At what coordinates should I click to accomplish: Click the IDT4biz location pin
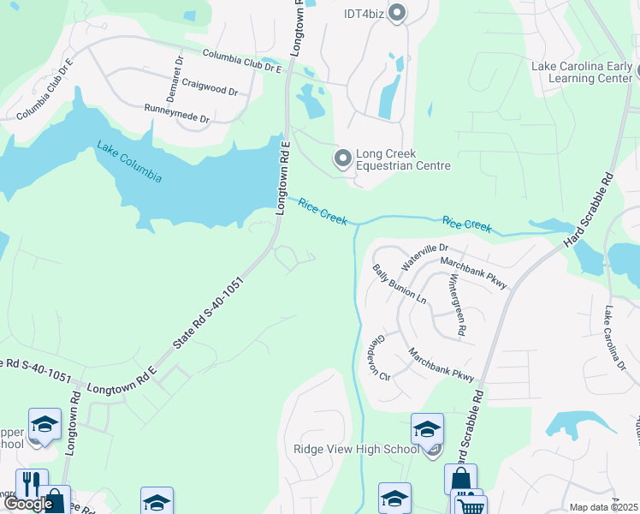396,13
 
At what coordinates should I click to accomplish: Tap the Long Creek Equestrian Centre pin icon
342,158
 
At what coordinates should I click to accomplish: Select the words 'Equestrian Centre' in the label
403,166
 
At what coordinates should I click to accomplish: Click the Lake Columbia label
129,160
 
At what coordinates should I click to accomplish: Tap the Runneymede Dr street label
176,113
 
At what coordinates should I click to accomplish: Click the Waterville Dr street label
419,256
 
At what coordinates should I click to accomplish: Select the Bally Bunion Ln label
399,284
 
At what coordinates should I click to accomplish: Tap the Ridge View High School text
357,450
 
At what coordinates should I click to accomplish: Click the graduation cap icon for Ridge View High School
427,428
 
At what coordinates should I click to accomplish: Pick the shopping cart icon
470,505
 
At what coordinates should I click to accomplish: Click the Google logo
28,503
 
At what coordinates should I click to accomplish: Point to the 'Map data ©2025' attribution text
604,507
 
